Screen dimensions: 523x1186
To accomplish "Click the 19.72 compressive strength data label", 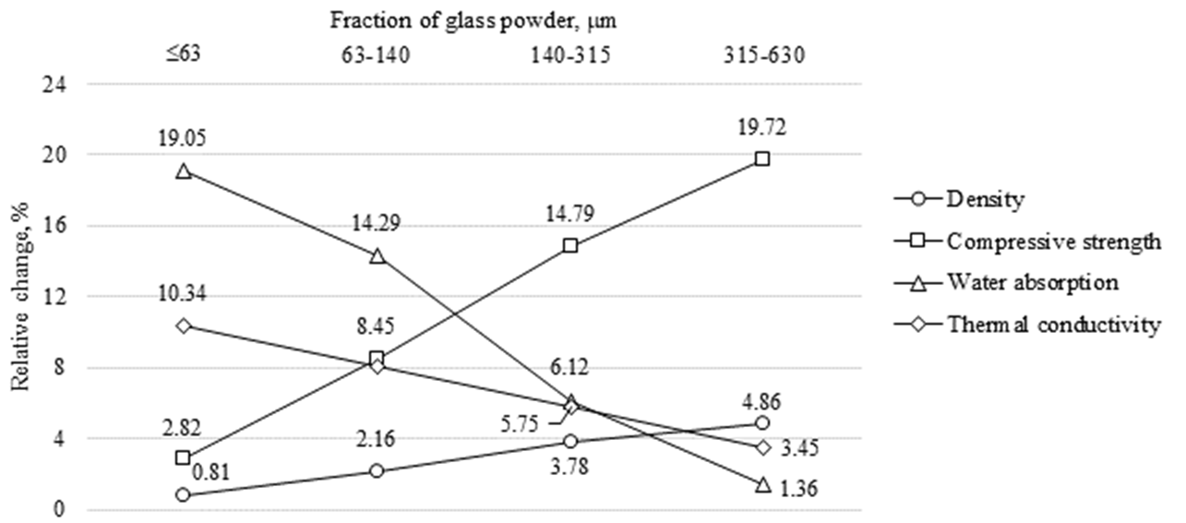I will click(x=762, y=125).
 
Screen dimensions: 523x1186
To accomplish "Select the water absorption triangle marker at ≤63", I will click(x=183, y=172).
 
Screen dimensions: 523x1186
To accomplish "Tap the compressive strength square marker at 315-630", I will click(x=762, y=159).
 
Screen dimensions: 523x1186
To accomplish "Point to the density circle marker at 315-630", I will click(x=762, y=423).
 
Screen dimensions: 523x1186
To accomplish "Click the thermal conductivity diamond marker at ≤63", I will click(x=183, y=326).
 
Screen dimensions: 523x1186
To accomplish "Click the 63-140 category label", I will click(x=377, y=55).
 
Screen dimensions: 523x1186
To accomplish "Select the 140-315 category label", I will click(x=569, y=55).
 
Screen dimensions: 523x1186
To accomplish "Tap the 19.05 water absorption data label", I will click(x=182, y=139).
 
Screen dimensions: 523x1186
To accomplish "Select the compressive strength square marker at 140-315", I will click(x=569, y=246).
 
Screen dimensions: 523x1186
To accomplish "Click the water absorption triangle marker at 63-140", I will click(x=377, y=256).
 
